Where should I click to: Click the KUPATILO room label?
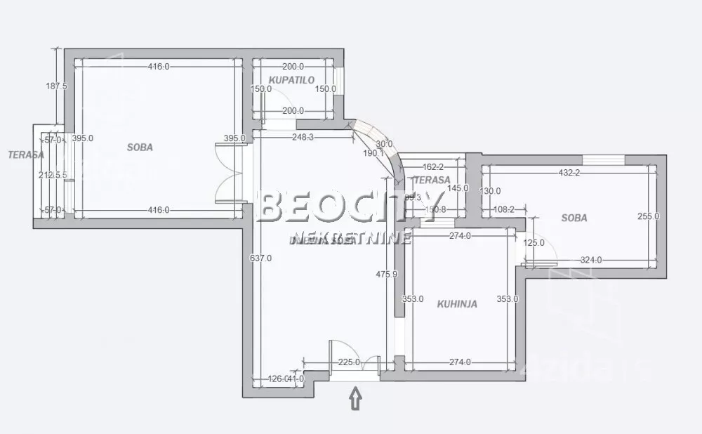291,80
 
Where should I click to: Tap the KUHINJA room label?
457,304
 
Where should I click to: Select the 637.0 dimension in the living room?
260,258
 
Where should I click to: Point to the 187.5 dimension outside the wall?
55,86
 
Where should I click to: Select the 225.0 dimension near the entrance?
348,362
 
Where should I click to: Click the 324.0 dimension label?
590,261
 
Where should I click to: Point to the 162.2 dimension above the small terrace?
434,167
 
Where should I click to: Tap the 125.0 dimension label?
534,242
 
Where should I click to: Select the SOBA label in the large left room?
140,147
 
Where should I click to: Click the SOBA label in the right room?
574,218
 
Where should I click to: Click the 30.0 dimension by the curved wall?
384,144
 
